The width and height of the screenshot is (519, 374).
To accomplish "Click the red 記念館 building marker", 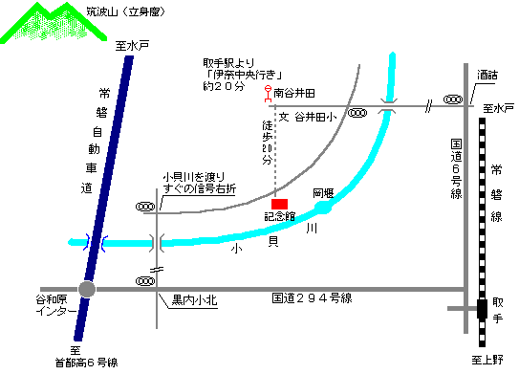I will pos(279,204).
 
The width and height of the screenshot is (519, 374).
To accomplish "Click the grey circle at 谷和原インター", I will pos(88,289).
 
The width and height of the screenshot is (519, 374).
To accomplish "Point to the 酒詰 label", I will pos(487,74).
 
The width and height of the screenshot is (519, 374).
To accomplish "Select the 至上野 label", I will pos(486,360).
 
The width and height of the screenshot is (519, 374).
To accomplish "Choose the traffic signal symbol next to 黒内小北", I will pos(146,281).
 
